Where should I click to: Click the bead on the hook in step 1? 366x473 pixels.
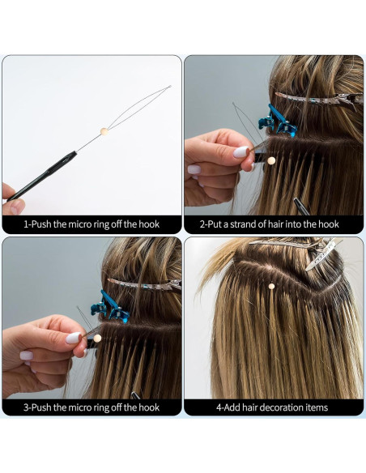pyautogui.click(x=104, y=130)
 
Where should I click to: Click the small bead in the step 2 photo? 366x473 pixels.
pyautogui.click(x=270, y=160)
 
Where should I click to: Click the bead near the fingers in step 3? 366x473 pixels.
pyautogui.click(x=97, y=338)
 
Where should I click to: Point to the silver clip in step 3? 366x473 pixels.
pyautogui.click(x=142, y=283)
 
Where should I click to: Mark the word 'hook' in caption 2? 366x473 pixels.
pyautogui.click(x=327, y=224)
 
